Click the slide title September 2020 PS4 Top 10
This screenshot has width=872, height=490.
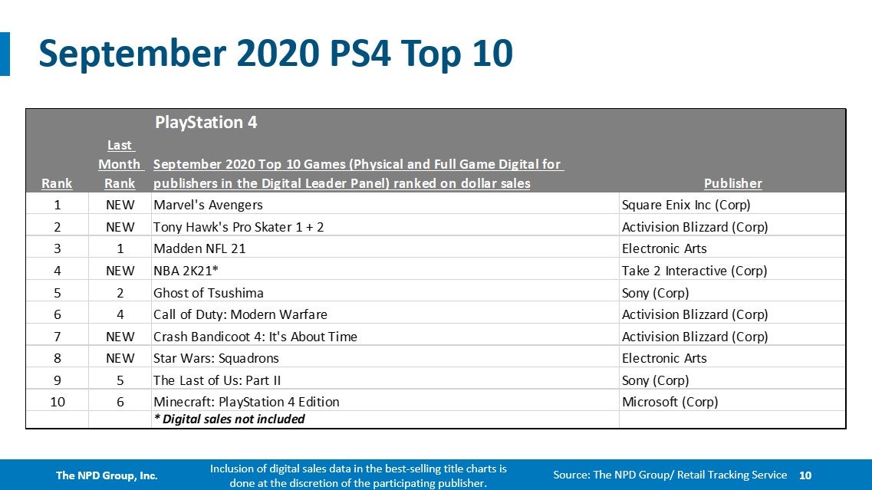coord(275,54)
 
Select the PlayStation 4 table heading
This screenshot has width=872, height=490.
coord(206,122)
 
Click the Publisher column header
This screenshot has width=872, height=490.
coord(732,183)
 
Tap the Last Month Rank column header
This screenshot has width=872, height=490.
coord(120,164)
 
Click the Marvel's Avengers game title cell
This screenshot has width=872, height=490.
coord(208,205)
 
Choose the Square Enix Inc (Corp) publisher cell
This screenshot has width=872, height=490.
coord(686,205)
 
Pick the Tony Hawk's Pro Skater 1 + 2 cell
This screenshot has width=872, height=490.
coord(239,227)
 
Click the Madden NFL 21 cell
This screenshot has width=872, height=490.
coord(199,248)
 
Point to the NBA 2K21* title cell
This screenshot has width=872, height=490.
coord(187,271)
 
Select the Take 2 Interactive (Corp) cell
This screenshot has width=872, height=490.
coord(694,271)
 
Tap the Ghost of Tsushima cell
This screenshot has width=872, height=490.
coord(209,293)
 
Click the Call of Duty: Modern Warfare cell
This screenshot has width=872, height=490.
coord(240,314)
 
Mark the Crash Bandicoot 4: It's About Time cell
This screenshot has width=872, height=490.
coord(255,337)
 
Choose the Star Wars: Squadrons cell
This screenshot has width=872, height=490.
coord(216,358)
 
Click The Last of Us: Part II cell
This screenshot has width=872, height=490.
coord(217,380)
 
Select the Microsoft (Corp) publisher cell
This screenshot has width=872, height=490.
coord(670,402)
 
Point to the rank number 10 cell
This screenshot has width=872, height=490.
coord(57,402)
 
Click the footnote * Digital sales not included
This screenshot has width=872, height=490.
coord(229,419)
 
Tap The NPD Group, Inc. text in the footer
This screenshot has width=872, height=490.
coord(107,475)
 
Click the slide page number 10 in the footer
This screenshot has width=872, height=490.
coord(805,475)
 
